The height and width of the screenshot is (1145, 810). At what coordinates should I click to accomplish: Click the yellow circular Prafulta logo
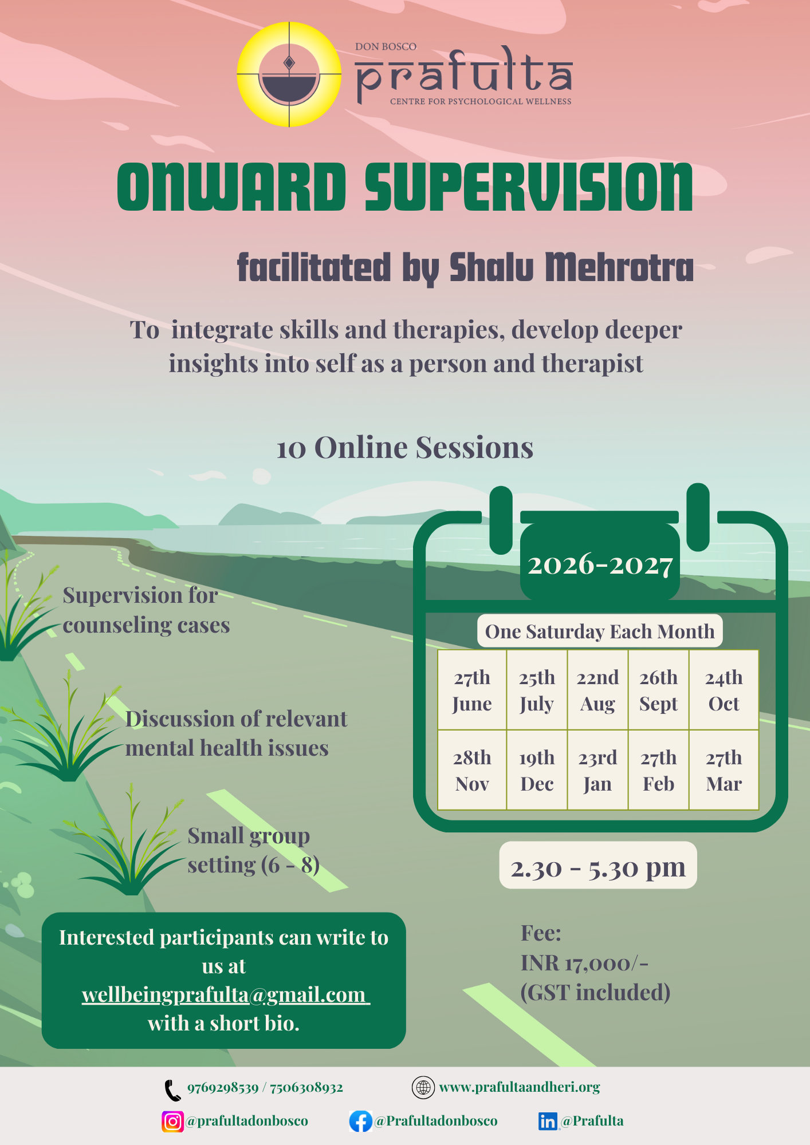(x=289, y=74)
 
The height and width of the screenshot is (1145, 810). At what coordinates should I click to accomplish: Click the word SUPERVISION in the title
(x=528, y=187)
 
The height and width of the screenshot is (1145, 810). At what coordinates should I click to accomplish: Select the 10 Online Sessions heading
(x=404, y=448)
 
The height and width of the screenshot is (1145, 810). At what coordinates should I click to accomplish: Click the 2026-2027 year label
(x=600, y=565)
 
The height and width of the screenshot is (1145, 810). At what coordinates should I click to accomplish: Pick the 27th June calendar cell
(x=472, y=690)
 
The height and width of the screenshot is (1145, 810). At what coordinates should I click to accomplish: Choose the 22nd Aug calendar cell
(x=597, y=690)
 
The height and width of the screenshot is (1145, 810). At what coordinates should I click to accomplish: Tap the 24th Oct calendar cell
(x=724, y=690)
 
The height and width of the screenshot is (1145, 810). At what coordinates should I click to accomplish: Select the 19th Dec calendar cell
(x=537, y=770)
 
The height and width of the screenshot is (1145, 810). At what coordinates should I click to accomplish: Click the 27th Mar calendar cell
(x=724, y=770)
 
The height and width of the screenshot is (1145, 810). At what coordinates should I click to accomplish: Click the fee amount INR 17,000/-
(x=584, y=963)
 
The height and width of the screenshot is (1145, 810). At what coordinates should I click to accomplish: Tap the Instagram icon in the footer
(x=172, y=1121)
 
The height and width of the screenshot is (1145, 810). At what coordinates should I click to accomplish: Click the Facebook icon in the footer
(x=360, y=1121)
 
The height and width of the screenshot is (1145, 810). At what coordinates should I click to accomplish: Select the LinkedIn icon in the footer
(x=548, y=1121)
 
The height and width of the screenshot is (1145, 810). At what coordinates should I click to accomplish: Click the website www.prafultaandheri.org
(x=519, y=1087)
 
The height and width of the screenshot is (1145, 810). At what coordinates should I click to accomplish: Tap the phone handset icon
(x=172, y=1090)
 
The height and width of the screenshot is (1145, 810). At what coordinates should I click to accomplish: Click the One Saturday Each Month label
(x=600, y=631)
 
